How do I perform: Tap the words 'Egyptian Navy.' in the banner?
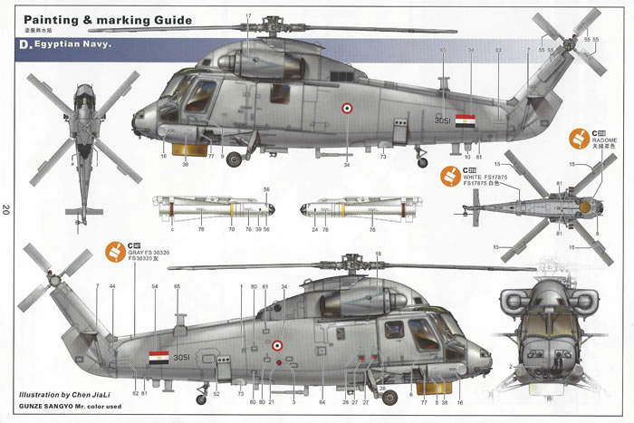pyautogui.click(x=72, y=44)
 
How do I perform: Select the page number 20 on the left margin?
pyautogui.click(x=7, y=210)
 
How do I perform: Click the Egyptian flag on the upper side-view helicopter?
pyautogui.click(x=465, y=120)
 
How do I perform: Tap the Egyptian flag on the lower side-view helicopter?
pyautogui.click(x=158, y=358)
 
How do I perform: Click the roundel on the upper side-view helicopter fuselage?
pyautogui.click(x=347, y=111)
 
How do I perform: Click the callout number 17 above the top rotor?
pyautogui.click(x=248, y=17)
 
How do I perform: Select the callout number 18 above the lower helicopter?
pyautogui.click(x=378, y=255)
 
